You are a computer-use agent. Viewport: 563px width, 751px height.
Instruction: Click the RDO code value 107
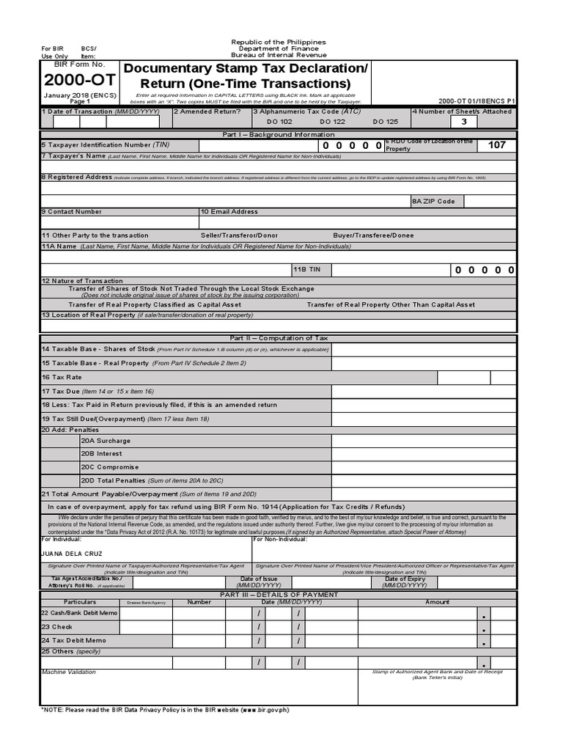[496, 145]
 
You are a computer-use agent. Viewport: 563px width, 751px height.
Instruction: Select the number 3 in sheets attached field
[463, 122]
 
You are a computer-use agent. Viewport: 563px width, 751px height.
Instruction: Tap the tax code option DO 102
[279, 122]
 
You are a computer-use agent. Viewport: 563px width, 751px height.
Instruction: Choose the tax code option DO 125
[386, 122]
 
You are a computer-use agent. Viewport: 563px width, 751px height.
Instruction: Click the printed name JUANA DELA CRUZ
[72, 553]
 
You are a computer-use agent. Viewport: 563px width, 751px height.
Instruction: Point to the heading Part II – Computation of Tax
[278, 338]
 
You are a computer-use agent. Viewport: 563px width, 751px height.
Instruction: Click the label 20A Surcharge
[106, 441]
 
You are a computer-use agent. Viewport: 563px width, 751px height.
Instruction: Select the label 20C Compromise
[109, 467]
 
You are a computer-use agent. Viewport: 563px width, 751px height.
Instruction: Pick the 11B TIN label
[306, 270]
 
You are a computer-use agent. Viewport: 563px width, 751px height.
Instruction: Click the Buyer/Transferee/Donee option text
[373, 235]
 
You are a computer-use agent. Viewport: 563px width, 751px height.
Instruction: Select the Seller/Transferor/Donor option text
[239, 235]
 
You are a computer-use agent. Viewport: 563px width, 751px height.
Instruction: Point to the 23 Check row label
[56, 627]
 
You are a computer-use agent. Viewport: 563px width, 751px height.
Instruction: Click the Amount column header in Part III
[437, 602]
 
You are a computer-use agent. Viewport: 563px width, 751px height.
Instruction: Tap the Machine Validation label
[68, 672]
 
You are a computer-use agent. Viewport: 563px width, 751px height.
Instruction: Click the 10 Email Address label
[229, 212]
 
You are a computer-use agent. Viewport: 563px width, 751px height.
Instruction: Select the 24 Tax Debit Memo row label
[73, 640]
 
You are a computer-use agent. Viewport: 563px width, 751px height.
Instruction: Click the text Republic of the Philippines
[279, 43]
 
